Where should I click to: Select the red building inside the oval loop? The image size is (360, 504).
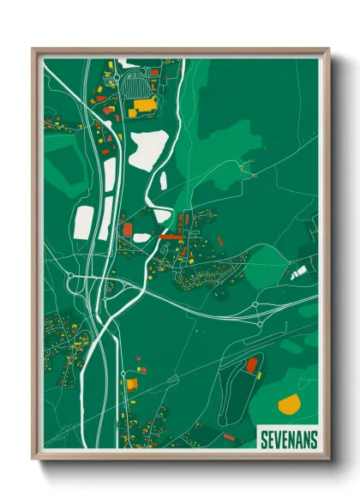click(251, 365)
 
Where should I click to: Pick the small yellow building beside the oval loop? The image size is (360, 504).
click(259, 375)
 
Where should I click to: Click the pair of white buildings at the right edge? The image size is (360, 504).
click(299, 273)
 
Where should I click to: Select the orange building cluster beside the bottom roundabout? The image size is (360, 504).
click(130, 385)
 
